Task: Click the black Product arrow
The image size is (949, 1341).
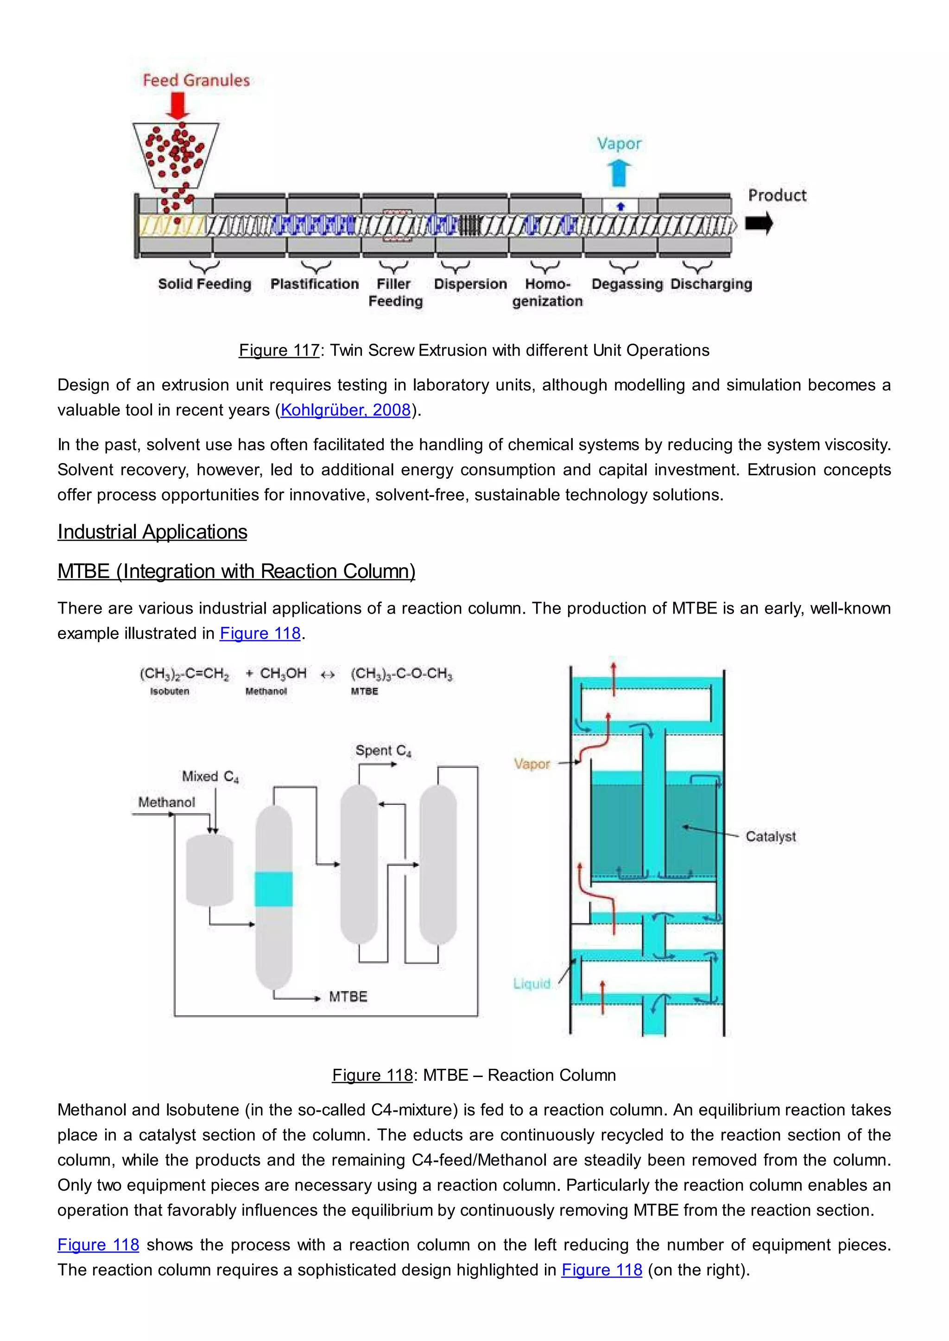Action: click(759, 223)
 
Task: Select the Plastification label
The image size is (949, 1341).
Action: click(314, 284)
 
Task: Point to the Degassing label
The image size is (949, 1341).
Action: click(627, 284)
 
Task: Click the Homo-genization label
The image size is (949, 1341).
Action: click(548, 292)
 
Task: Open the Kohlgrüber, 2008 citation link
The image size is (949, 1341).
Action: click(345, 410)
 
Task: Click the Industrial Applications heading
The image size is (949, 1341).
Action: click(152, 532)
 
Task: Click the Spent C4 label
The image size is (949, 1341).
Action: click(383, 751)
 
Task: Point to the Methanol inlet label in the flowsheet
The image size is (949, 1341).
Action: click(166, 802)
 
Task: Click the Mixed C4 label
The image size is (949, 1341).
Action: click(210, 776)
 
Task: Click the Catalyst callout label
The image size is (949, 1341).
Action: click(770, 836)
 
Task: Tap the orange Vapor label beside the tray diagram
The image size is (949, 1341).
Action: click(532, 764)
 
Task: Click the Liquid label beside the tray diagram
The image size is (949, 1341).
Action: click(532, 984)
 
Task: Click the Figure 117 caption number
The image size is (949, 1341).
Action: click(279, 350)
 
